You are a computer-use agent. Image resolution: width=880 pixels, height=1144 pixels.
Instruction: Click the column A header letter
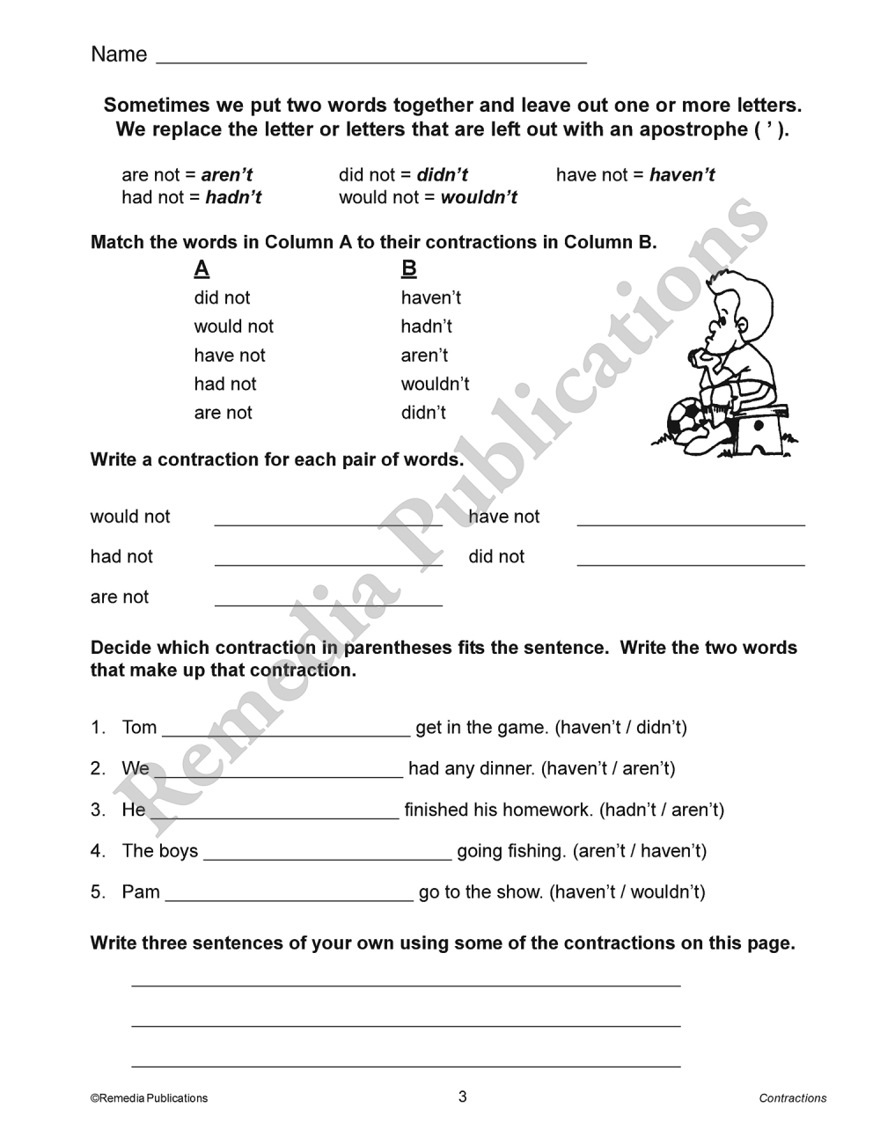(x=202, y=268)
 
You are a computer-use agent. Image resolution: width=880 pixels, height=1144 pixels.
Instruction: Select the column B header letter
(x=408, y=268)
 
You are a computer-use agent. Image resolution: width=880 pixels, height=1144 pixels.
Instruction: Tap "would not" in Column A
(x=233, y=326)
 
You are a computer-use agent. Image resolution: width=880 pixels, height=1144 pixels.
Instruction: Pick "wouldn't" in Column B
(x=435, y=385)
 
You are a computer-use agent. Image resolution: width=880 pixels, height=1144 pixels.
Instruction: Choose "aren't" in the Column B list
(x=424, y=356)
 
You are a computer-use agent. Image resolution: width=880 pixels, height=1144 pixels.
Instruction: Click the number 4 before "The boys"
(x=97, y=851)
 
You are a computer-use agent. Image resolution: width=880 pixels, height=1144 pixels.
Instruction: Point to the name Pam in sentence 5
(x=141, y=892)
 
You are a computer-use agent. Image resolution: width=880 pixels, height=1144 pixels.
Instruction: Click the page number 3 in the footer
(x=463, y=1096)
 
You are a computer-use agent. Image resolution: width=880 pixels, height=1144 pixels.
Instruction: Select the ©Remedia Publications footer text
(x=149, y=1098)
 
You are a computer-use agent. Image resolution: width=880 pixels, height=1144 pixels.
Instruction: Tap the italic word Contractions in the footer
(x=793, y=1098)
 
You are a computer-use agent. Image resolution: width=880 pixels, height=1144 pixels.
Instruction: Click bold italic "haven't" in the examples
(x=682, y=175)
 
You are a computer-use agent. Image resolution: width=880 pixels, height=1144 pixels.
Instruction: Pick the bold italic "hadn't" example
(x=233, y=197)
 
